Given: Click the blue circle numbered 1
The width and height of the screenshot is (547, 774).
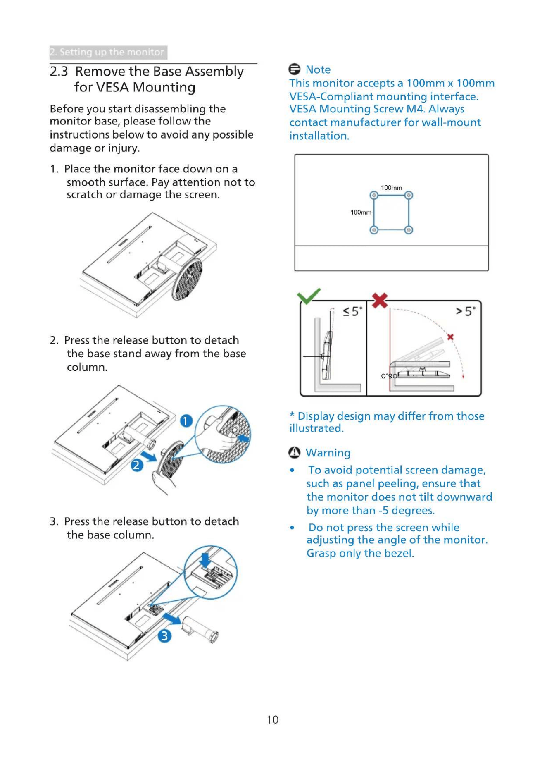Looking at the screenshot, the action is (x=186, y=421).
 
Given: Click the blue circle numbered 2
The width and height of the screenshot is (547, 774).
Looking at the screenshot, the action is (x=137, y=466).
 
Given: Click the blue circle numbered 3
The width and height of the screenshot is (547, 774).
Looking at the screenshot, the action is (x=164, y=636).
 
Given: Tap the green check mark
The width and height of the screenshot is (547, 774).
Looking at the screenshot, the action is (x=309, y=296).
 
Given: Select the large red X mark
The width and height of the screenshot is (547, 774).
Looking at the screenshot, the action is (x=380, y=301).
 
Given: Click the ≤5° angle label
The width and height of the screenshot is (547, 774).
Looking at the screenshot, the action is (x=352, y=311).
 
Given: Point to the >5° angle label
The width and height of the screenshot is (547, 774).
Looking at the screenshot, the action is (x=466, y=311).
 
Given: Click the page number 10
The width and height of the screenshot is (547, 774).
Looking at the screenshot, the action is (x=273, y=720).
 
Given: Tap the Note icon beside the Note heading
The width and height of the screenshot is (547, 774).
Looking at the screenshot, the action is (x=295, y=69).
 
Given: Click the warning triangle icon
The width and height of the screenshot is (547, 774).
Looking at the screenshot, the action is (x=294, y=453).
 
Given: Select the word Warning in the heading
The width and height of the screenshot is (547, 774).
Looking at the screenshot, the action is (x=328, y=453).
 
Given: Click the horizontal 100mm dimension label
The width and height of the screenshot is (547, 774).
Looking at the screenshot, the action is (x=391, y=188).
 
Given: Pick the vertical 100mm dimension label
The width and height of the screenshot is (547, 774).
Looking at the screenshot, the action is (x=361, y=212).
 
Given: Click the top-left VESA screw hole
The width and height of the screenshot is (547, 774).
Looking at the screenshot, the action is (x=373, y=195).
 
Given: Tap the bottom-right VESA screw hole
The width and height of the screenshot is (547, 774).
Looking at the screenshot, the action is (x=409, y=230).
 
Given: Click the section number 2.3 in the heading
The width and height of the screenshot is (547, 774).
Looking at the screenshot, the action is (x=59, y=72).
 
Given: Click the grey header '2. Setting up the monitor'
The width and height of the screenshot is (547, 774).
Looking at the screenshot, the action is (x=108, y=52).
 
